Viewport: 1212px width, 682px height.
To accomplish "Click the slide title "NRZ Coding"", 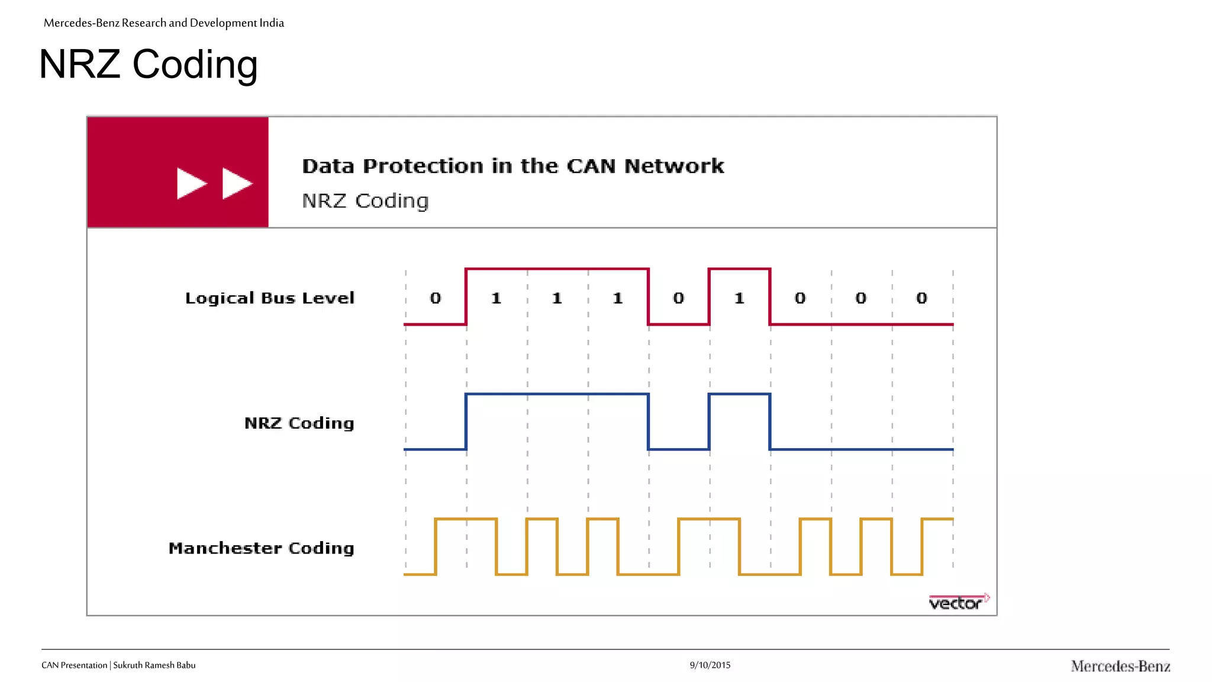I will point(148,64).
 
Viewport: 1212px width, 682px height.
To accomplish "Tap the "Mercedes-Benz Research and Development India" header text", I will point(164,23).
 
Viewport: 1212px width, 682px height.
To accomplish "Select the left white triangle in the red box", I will point(191,183).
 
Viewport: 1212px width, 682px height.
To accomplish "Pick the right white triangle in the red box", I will point(236,183).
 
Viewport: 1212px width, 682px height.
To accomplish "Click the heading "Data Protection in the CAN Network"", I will point(512,166).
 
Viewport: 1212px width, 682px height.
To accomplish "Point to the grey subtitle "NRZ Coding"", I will point(365,201).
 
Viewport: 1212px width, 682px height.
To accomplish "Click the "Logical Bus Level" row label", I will point(270,298).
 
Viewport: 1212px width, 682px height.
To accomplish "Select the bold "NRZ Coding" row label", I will point(299,423).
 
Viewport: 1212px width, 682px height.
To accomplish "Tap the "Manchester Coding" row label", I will point(261,548).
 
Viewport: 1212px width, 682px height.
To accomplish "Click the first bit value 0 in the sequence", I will point(436,298).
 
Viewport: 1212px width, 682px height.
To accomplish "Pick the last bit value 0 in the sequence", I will point(921,298).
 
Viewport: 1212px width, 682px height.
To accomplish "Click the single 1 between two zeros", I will point(739,298).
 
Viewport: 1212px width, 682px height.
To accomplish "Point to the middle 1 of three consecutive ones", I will point(557,298).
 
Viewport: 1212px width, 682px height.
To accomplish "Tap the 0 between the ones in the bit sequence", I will point(678,298).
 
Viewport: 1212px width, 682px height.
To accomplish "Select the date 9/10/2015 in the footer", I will point(710,665).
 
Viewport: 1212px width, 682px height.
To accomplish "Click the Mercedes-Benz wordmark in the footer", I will point(1120,666).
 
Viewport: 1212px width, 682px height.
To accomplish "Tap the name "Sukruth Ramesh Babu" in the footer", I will point(154,665).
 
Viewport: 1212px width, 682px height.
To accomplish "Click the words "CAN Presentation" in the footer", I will point(74,665).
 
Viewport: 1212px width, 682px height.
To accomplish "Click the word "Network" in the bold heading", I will point(674,166).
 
